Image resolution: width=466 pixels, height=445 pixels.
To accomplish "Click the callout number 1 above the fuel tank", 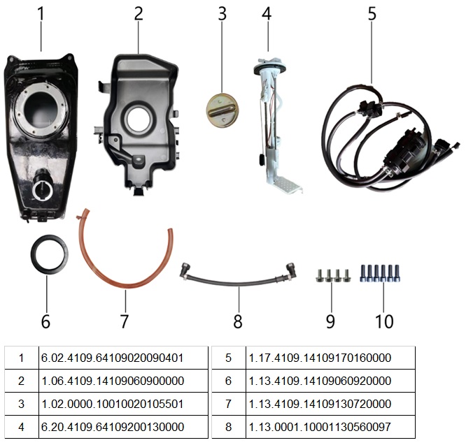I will [x=41, y=15].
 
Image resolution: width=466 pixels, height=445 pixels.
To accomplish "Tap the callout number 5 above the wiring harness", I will [x=372, y=14].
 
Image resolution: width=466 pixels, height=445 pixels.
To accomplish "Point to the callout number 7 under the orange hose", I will [x=124, y=321].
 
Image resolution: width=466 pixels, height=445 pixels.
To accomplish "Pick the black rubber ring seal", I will [x=48, y=258].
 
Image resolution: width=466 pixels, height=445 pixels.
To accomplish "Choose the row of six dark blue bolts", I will [x=381, y=272].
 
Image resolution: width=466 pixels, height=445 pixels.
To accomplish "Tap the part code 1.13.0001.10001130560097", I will [x=320, y=427].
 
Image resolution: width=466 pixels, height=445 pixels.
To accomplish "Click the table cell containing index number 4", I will [x=21, y=427].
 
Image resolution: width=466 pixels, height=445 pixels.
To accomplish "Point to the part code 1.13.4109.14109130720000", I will [x=320, y=404].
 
